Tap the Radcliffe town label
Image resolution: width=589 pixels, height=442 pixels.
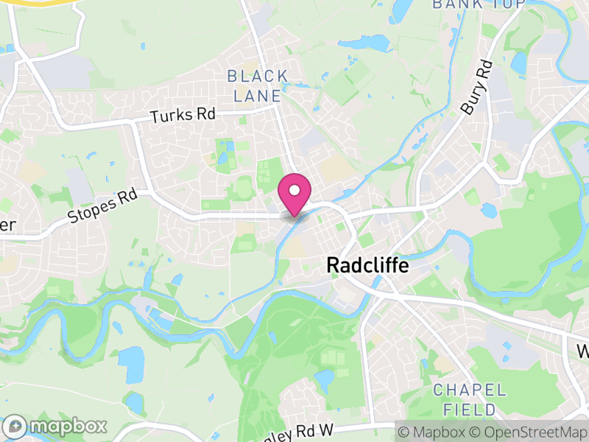click(367, 265)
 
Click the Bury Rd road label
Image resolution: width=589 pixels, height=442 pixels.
click(476, 87)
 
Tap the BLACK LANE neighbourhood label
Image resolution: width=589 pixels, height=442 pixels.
click(258, 85)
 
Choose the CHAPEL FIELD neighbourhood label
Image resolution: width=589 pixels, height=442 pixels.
click(470, 399)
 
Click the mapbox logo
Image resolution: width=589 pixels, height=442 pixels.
click(56, 426)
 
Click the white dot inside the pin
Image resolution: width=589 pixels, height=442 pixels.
click(294, 191)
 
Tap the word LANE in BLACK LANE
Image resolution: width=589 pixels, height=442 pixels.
click(258, 96)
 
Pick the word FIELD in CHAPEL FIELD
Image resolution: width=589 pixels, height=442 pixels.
click(470, 408)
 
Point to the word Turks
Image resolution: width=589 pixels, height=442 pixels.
click(167, 116)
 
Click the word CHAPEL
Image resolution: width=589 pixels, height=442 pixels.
click(470, 390)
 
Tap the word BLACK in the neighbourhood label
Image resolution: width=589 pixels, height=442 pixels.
click(258, 76)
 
